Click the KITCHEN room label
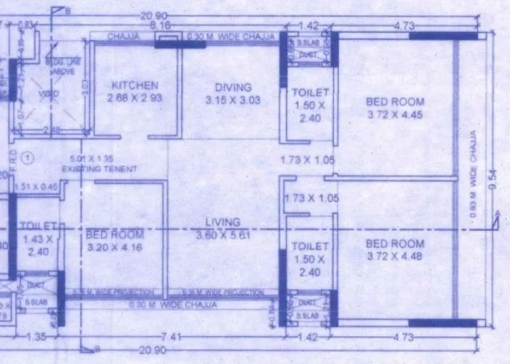coord(134,86)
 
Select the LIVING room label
coord(223,222)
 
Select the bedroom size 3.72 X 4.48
coord(394,256)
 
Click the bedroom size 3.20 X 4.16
coord(114,246)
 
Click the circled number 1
coord(27,156)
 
